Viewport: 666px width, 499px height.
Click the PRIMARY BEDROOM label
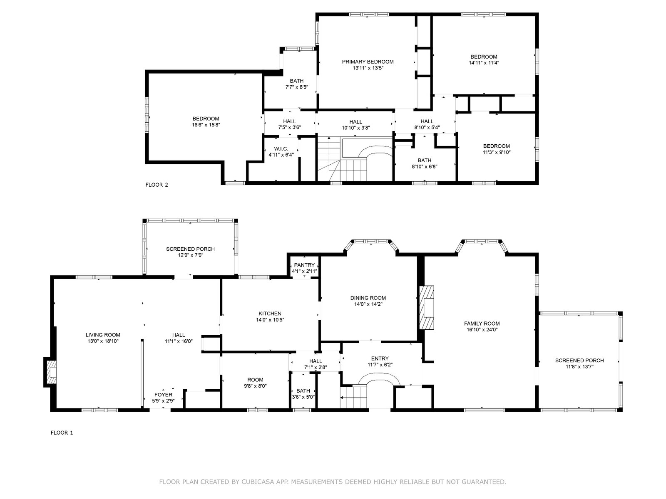click(x=368, y=62)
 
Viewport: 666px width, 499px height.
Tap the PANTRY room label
click(x=304, y=265)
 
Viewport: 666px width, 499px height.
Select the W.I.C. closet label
click(x=281, y=149)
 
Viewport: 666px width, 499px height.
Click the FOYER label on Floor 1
click(x=163, y=395)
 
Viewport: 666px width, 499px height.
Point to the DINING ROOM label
click(x=368, y=298)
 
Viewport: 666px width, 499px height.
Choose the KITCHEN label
click(x=270, y=314)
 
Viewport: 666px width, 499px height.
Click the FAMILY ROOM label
click(x=482, y=324)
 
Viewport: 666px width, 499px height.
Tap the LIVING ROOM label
click(x=103, y=335)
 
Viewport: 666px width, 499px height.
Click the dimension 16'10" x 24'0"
click(x=482, y=330)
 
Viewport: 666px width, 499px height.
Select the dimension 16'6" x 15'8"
click(x=206, y=125)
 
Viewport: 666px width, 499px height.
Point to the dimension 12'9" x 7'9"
click(x=191, y=255)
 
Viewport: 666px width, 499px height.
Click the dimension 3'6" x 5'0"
click(x=303, y=397)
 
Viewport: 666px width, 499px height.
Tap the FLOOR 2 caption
click(x=157, y=185)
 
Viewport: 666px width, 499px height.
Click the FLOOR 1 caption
click(x=62, y=432)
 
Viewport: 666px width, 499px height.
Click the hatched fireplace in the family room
click(x=427, y=308)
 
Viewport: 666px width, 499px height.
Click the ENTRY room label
click(x=380, y=358)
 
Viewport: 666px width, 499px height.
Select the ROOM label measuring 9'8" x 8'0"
click(x=255, y=380)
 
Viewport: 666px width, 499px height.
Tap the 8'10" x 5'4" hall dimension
click(x=427, y=128)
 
